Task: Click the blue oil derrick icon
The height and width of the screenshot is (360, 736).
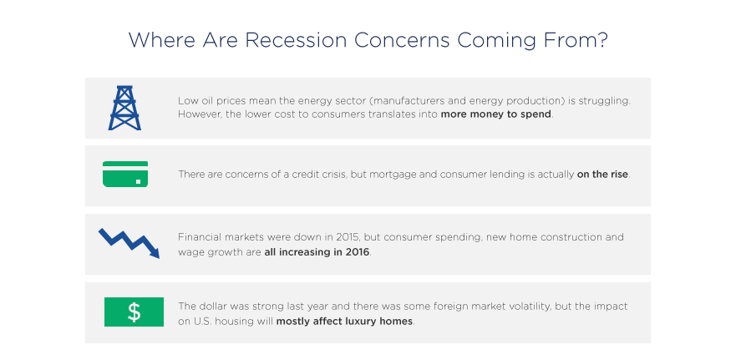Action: (x=124, y=108)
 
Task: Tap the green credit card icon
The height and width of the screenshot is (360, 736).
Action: (x=125, y=174)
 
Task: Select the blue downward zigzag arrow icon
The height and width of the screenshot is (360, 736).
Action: (x=129, y=243)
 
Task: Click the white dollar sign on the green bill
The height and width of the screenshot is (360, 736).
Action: (x=134, y=312)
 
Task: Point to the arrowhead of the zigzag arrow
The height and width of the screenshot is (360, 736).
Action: (x=155, y=252)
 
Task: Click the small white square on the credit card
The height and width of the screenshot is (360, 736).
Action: (x=139, y=181)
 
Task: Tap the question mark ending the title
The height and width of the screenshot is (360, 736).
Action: (x=602, y=40)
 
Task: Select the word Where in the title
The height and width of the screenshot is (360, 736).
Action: (x=162, y=40)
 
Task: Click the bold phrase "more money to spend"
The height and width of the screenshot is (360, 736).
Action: (x=495, y=114)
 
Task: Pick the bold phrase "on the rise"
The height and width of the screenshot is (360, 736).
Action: (x=602, y=174)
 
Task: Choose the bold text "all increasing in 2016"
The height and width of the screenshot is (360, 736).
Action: (x=317, y=252)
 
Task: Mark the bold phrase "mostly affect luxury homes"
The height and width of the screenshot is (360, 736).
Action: (x=344, y=322)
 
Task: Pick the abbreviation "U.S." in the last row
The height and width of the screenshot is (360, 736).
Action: (x=199, y=322)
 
